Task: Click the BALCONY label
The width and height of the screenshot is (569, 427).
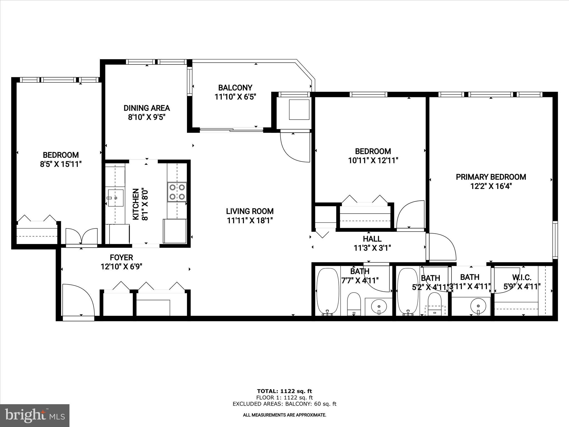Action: (x=235, y=88)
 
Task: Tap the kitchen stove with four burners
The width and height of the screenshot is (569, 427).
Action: (x=177, y=192)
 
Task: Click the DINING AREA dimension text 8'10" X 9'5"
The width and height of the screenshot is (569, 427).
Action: (x=147, y=117)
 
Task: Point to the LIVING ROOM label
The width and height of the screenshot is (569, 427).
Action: (x=250, y=211)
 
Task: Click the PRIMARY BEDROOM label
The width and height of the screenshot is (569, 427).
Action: (x=491, y=177)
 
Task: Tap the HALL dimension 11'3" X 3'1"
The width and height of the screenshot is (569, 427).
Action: (x=372, y=248)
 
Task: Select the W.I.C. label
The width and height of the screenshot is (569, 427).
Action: (x=522, y=277)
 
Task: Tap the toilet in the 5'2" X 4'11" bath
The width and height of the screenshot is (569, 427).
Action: (x=435, y=304)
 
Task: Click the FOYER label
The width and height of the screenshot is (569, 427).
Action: (x=121, y=257)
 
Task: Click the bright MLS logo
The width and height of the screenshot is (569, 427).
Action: (x=35, y=415)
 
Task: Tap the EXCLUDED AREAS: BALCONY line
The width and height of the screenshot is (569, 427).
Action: (x=284, y=404)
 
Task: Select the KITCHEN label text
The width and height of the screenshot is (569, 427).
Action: (x=136, y=204)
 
